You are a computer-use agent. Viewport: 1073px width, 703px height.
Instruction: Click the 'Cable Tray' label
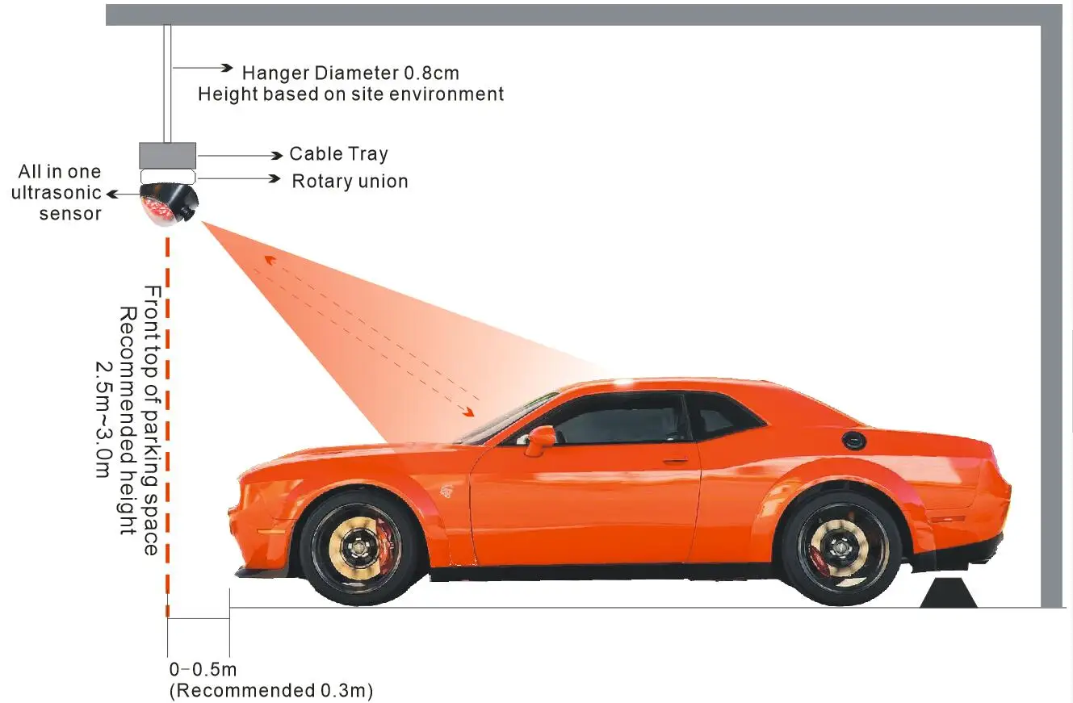point(338,153)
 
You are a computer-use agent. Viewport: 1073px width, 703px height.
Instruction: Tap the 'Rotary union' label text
point(350,181)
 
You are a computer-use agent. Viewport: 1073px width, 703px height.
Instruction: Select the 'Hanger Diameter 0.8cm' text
point(350,73)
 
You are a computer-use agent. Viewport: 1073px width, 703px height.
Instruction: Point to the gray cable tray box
point(168,155)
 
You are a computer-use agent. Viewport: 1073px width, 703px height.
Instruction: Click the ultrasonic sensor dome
point(168,204)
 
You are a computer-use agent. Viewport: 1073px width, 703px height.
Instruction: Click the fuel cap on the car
point(853,439)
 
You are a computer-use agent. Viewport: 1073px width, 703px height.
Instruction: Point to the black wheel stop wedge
point(949,593)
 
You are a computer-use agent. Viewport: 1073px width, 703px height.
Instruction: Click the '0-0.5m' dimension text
point(203,669)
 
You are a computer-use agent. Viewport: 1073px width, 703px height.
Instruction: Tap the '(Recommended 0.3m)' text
point(271,691)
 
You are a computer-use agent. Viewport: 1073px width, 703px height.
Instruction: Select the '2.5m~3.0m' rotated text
point(103,420)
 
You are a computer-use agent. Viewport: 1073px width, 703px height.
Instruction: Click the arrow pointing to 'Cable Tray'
point(240,156)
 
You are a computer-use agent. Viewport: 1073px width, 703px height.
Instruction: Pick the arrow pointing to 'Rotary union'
point(239,178)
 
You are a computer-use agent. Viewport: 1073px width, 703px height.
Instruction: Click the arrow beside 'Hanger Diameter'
point(203,68)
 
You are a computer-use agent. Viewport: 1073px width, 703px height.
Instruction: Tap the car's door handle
point(675,461)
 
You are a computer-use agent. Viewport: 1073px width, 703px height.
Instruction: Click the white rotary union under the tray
point(168,176)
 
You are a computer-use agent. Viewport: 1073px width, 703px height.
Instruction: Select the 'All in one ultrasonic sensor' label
point(57,193)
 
